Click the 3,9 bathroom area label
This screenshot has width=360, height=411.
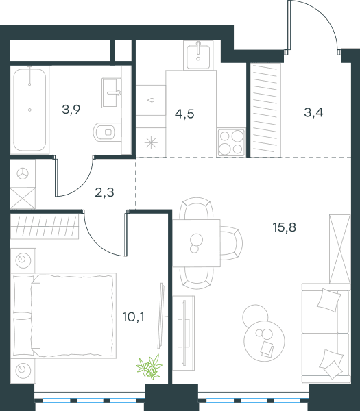point(71,110)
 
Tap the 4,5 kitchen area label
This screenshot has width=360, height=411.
point(184,114)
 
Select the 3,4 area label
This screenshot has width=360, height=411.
point(313,112)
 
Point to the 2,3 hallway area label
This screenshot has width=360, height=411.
point(104,192)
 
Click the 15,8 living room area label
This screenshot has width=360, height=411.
point(285,227)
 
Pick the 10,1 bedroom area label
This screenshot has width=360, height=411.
point(133,317)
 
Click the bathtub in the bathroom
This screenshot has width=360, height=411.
point(29,110)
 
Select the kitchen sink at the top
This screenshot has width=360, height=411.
point(198,56)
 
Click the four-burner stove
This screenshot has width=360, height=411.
point(231,142)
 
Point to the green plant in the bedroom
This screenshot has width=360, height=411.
point(149,366)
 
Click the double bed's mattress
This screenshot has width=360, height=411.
point(73,316)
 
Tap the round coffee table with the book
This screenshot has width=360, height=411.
point(264,341)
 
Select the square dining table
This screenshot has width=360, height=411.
point(196,243)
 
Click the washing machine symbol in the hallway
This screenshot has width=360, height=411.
point(23,173)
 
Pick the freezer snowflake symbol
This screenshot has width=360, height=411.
point(151,143)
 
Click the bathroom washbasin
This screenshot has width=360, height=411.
point(112,92)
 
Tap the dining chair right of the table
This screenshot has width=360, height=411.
point(232,243)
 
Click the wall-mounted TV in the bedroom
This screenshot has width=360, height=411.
point(161,316)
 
